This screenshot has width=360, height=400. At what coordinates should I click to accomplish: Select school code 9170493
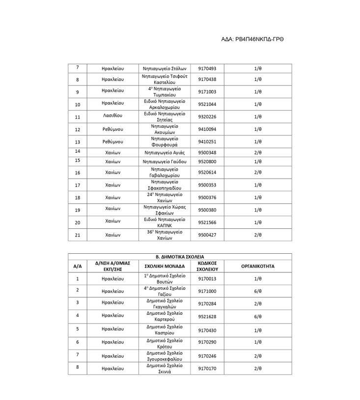(207, 68)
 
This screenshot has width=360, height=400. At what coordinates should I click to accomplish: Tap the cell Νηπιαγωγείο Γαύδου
(165, 161)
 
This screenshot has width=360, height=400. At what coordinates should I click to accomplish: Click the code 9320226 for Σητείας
(207, 116)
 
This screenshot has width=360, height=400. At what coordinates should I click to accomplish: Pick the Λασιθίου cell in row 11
(112, 116)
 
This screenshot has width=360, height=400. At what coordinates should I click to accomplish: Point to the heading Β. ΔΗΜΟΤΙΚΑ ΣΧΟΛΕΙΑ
(179, 257)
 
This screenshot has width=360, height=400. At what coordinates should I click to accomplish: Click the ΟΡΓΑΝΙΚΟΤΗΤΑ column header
(257, 267)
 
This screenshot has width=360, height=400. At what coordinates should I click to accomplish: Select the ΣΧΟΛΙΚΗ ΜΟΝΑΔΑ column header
(165, 267)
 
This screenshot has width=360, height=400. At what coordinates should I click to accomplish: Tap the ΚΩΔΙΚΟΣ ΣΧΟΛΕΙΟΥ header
(207, 267)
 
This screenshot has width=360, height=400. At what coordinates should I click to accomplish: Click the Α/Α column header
(77, 267)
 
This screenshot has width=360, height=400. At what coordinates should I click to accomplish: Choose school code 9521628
(207, 317)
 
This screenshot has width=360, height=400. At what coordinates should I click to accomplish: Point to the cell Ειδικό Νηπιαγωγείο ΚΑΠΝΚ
(165, 222)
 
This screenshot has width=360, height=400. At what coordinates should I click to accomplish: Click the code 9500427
(207, 235)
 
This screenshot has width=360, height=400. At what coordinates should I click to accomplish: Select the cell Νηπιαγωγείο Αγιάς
(165, 153)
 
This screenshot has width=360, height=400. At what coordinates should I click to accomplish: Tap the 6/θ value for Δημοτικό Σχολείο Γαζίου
(257, 291)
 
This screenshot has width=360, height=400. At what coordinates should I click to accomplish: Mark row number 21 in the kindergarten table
(77, 235)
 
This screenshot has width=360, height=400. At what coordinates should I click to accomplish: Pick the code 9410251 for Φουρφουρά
(207, 142)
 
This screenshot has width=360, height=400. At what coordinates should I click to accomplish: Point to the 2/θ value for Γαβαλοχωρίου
(257, 173)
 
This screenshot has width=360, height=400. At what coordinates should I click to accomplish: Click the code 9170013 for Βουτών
(207, 279)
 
